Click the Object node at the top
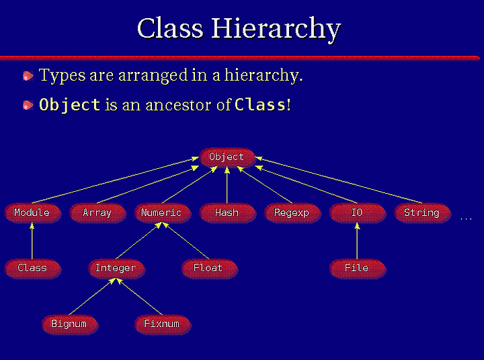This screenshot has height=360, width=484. [227, 157]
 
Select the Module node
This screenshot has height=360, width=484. [33, 213]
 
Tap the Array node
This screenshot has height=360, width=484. [98, 213]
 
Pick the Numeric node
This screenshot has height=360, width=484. [163, 213]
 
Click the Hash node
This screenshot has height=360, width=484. [228, 213]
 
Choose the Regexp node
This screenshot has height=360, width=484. [292, 213]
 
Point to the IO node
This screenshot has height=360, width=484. [358, 213]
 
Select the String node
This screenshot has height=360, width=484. [423, 213]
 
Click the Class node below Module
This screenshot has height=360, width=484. [33, 268]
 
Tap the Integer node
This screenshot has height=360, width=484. [116, 268]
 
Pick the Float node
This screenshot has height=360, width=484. [209, 268]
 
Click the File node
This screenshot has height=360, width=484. [358, 268]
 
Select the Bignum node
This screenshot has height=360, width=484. [70, 324]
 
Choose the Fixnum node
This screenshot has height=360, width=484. [163, 324]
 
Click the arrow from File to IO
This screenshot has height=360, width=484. [357, 241]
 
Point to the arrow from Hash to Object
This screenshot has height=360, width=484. [227, 185]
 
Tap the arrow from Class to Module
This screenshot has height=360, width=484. [32, 241]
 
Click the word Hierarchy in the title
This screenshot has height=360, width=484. [276, 29]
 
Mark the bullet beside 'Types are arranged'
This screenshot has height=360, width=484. [28, 76]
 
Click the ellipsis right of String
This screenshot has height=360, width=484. [466, 219]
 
